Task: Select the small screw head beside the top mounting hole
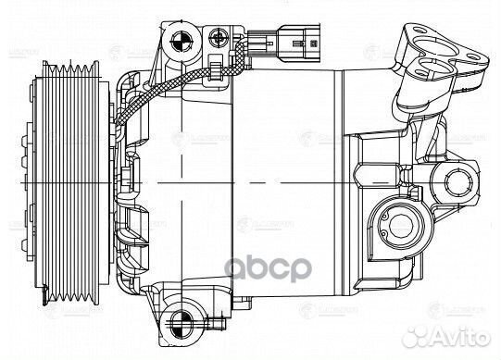tap(219, 38)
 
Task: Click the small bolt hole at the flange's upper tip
tap(408, 18)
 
